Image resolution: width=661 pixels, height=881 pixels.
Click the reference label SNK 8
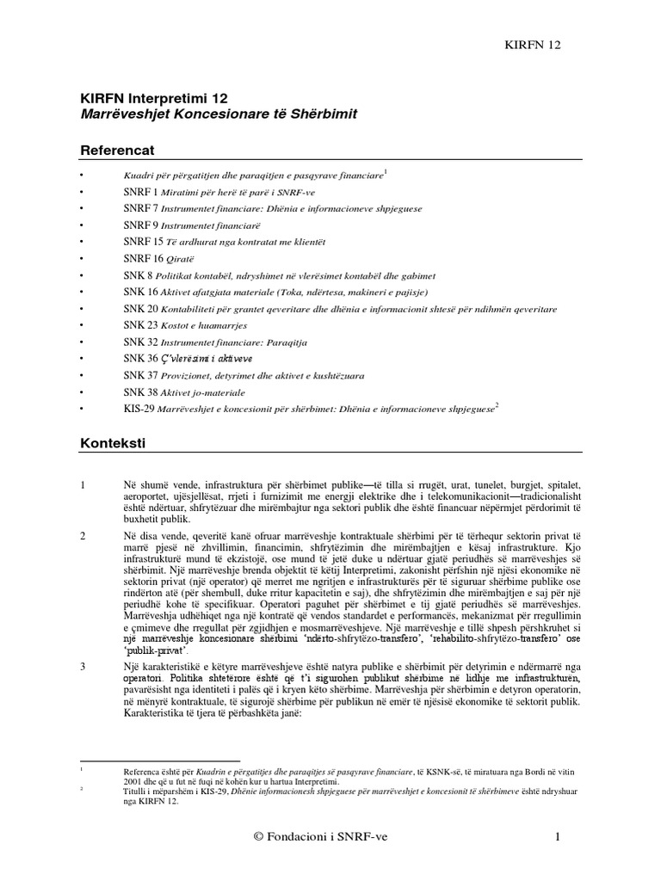click(138, 275)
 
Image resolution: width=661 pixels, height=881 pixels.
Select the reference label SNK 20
click(141, 308)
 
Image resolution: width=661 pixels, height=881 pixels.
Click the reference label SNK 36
click(141, 358)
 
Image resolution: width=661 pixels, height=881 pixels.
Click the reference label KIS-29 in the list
click(139, 408)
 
